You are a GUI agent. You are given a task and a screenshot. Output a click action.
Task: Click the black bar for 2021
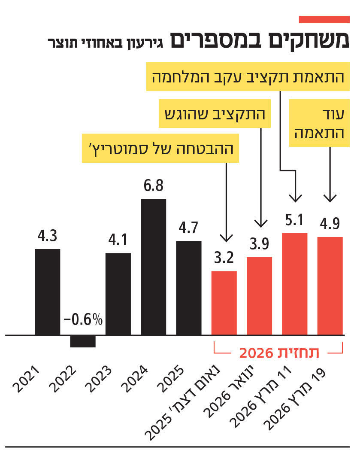(x=48, y=292)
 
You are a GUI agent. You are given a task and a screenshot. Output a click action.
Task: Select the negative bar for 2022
(x=83, y=341)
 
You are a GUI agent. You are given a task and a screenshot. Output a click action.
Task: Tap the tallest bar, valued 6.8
(x=154, y=267)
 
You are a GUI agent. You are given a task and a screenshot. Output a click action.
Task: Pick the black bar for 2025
(x=189, y=288)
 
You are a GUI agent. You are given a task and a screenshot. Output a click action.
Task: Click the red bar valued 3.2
(x=224, y=303)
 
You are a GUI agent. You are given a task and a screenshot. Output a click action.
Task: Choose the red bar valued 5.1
(x=295, y=284)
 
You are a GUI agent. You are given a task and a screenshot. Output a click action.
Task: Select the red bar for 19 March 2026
(x=330, y=286)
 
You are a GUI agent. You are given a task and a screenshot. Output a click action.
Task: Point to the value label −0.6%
(x=84, y=321)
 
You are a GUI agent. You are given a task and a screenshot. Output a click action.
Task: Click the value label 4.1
(x=118, y=240)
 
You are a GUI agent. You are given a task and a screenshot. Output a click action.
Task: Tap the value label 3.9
(x=259, y=243)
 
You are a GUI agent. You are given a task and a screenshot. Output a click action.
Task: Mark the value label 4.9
(x=330, y=223)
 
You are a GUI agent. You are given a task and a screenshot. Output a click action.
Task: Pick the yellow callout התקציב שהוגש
(x=215, y=115)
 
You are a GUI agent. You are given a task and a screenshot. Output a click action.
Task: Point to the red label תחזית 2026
(x=279, y=353)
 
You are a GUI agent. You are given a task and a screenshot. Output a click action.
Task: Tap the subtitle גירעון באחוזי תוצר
(x=106, y=43)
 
